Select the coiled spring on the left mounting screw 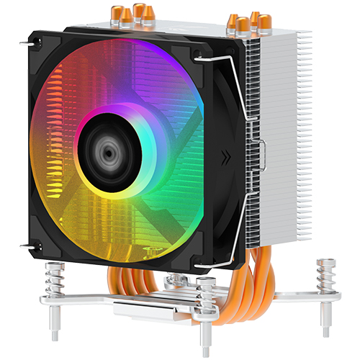pyautogui.click(x=55, y=277)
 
